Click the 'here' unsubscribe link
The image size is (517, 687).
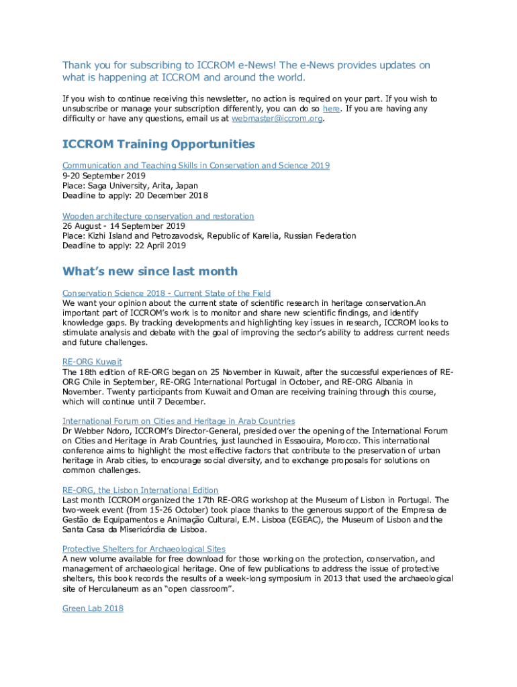pos(331,109)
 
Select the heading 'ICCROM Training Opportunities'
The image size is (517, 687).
pos(158,144)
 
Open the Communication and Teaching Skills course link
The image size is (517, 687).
pos(196,166)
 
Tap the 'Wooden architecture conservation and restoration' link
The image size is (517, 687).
pos(158,216)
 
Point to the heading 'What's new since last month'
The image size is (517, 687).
pos(150,271)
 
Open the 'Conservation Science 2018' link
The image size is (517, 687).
pos(167,293)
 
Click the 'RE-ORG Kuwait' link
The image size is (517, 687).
pos(92,362)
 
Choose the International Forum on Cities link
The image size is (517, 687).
pos(179,421)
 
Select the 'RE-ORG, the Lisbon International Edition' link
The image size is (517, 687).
pos(140,490)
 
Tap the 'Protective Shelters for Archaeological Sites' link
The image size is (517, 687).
pos(144,549)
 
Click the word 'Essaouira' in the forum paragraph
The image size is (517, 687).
pos(314,441)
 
